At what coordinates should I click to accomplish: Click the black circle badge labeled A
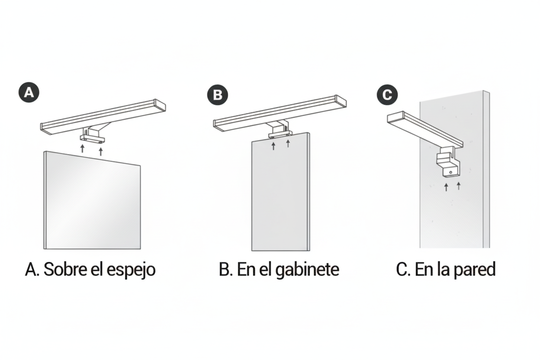pyautogui.click(x=29, y=93)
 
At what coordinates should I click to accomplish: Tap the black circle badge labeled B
pyautogui.click(x=218, y=95)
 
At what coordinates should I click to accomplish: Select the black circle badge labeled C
pyautogui.click(x=387, y=95)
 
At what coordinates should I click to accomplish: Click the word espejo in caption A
pyautogui.click(x=131, y=270)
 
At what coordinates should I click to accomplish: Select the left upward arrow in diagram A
pyautogui.click(x=82, y=150)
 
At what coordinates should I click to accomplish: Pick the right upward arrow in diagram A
pyautogui.click(x=101, y=151)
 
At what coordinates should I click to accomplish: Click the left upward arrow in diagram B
pyautogui.click(x=273, y=145)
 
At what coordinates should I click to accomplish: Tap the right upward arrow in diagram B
pyautogui.click(x=288, y=143)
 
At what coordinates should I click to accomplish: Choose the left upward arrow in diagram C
pyautogui.click(x=446, y=187)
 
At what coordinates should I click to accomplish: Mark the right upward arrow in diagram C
pyautogui.click(x=459, y=186)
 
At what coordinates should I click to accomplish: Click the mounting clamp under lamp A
pyautogui.click(x=92, y=138)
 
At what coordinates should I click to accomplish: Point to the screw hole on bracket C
pyautogui.click(x=451, y=173)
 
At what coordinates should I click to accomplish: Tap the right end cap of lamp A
pyautogui.click(x=160, y=105)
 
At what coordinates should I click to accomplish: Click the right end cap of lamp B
pyautogui.click(x=341, y=102)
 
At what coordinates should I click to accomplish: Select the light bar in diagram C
pyautogui.click(x=424, y=129)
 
